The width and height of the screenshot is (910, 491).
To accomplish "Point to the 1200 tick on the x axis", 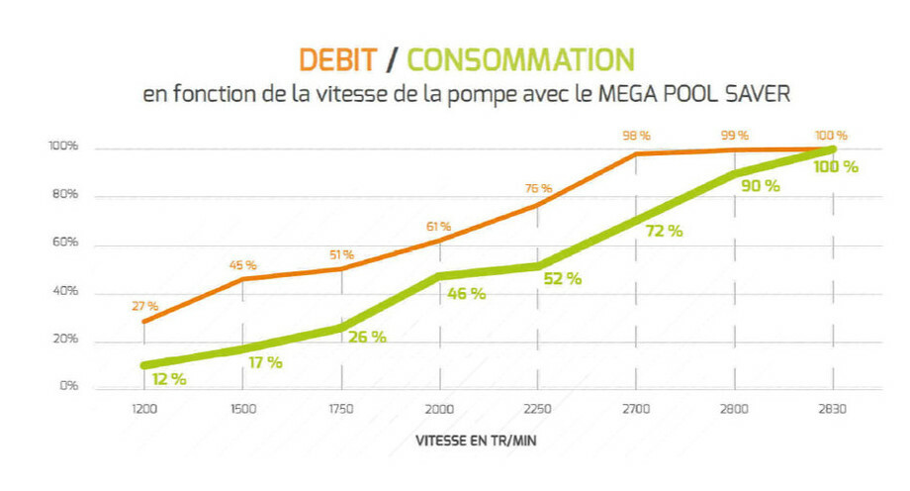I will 144,407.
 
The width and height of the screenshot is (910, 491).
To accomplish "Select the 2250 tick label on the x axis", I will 538,407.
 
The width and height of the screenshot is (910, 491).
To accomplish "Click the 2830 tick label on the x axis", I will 834,407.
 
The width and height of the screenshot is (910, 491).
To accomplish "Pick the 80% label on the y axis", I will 65,196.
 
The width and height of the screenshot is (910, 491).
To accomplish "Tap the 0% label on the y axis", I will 68,386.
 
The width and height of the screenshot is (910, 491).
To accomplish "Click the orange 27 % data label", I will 145,307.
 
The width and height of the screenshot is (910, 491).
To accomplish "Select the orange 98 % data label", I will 636,136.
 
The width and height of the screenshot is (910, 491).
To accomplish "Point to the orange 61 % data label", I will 439,227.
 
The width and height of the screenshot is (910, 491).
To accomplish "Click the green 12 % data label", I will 169,378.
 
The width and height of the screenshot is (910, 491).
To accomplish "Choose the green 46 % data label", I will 466,294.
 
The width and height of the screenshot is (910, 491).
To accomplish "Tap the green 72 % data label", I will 663,231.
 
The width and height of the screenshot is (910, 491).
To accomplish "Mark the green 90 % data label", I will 760,185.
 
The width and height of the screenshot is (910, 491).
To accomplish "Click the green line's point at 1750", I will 341,328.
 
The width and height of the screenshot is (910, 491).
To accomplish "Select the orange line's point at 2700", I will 636,153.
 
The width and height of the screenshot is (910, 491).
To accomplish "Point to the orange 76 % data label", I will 538,189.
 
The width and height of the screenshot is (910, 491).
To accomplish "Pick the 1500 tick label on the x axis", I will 243,407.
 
